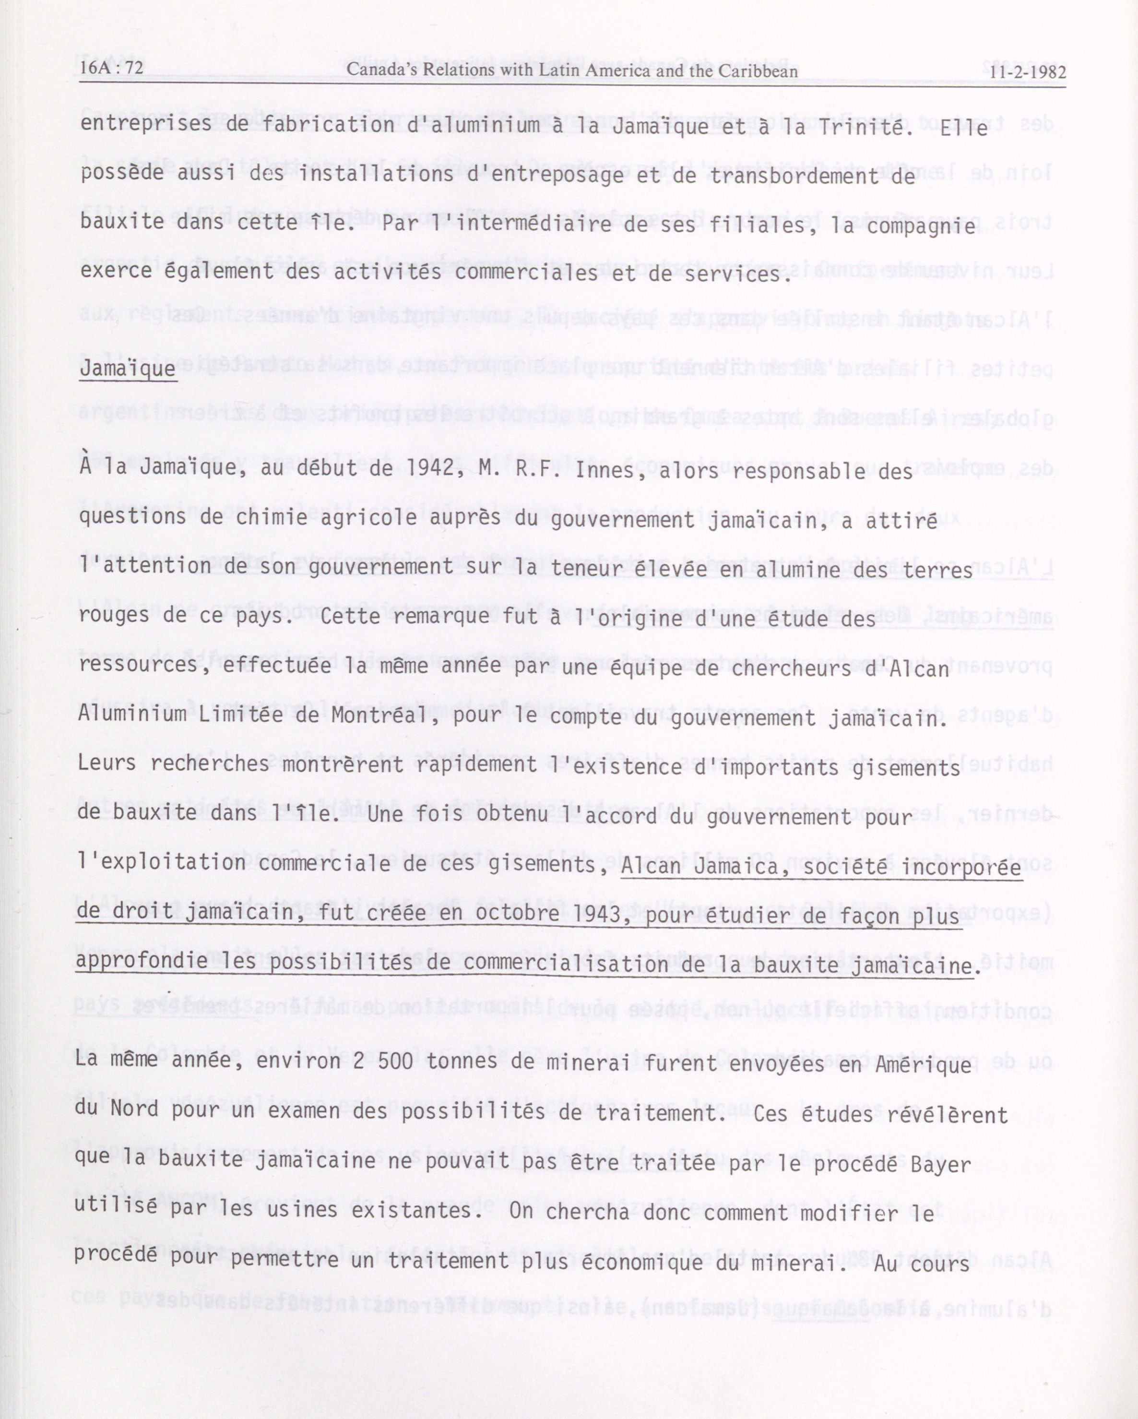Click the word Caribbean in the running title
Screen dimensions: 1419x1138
pos(758,71)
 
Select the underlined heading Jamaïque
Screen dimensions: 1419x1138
pos(128,368)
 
